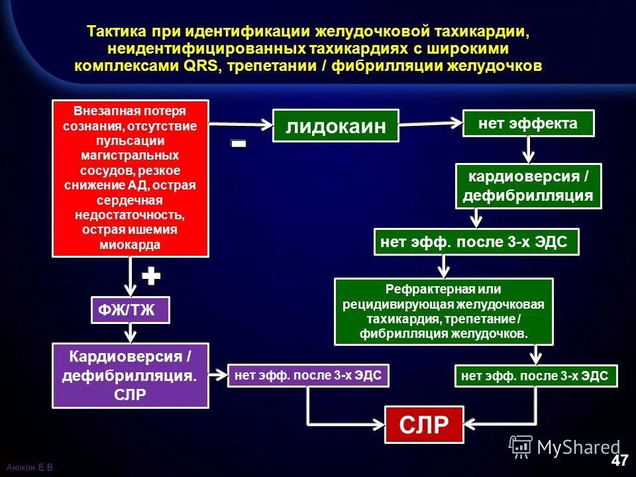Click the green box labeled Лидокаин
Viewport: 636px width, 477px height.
pyautogui.click(x=336, y=126)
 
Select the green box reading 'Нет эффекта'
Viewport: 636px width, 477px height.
pyautogui.click(x=528, y=124)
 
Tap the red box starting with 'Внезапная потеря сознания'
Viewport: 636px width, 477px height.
pyautogui.click(x=131, y=178)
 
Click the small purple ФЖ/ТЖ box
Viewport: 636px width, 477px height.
pyautogui.click(x=131, y=311)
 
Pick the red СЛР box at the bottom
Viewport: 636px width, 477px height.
pyautogui.click(x=424, y=425)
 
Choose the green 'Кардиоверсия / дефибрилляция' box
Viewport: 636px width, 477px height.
pyautogui.click(x=528, y=186)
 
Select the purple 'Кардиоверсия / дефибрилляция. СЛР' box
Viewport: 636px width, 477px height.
pyautogui.click(x=131, y=375)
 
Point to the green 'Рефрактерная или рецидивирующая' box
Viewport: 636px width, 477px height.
pyautogui.click(x=443, y=311)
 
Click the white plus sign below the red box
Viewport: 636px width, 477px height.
pyautogui.click(x=151, y=276)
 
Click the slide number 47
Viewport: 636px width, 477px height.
pyautogui.click(x=619, y=460)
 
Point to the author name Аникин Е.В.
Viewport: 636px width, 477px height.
pyautogui.click(x=30, y=468)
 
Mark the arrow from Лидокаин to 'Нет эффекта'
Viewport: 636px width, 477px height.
pyautogui.click(x=431, y=123)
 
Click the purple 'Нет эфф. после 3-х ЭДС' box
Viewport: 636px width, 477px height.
pyautogui.click(x=308, y=376)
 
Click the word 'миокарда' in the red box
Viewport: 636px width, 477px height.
pyautogui.click(x=130, y=245)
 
